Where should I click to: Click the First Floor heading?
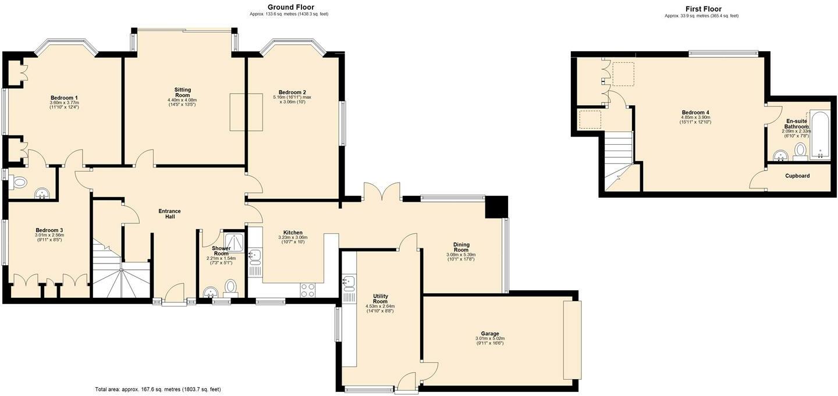click(x=703, y=9)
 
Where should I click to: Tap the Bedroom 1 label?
click(x=64, y=98)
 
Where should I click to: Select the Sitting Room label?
click(x=183, y=92)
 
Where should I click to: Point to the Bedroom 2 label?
click(x=292, y=92)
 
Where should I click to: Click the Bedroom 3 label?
click(x=49, y=230)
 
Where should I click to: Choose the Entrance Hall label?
click(x=170, y=214)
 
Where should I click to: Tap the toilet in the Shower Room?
click(x=231, y=287)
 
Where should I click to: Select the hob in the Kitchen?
click(x=308, y=290)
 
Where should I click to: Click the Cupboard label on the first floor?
click(x=797, y=176)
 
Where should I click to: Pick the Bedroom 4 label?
click(x=695, y=112)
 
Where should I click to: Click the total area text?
click(x=158, y=389)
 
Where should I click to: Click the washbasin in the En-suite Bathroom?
click(x=781, y=155)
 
